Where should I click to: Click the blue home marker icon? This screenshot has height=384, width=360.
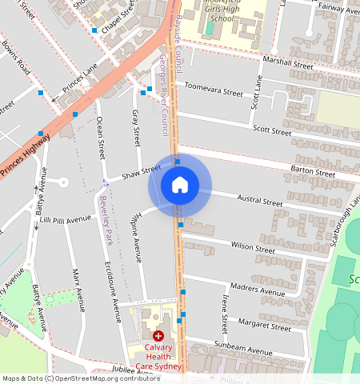pos(180,185)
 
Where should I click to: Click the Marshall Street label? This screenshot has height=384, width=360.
pos(291,63)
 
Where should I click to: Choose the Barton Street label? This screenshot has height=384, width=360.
pos(312,172)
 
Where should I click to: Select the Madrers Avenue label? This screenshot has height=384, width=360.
pos(258,289)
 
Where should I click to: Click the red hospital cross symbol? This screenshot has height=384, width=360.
pos(158,337)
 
